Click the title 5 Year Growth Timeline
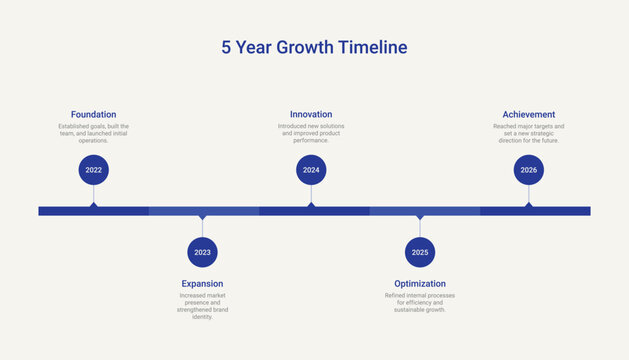point(314,47)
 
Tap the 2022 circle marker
point(94,170)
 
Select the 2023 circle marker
point(202,252)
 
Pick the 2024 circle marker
point(311,170)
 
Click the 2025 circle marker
point(420,252)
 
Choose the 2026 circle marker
point(528,170)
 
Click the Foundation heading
point(94,114)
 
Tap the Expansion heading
point(202,283)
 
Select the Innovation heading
point(311,114)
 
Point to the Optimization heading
point(420,283)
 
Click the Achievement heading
point(528,114)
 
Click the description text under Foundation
point(94,133)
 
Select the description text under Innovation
point(311,133)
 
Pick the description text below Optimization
point(420,303)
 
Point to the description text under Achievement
point(528,133)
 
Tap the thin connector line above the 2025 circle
point(420,228)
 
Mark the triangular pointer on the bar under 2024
point(311,204)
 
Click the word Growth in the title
point(300,47)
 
